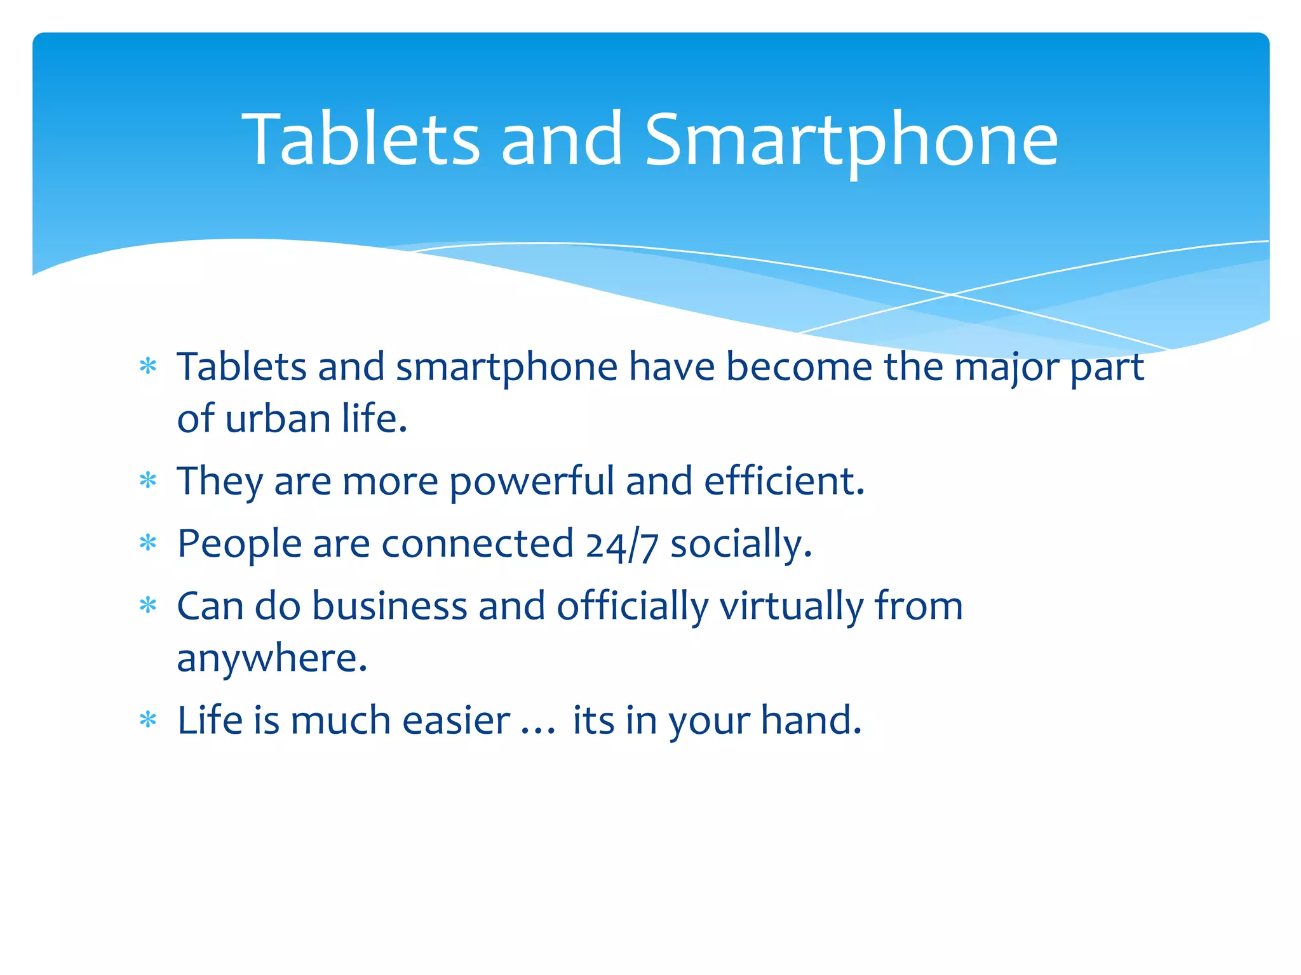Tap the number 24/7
[x=621, y=545]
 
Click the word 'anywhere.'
[x=272, y=659]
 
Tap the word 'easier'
[x=456, y=720]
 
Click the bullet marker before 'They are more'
[x=148, y=481]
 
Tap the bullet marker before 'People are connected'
[x=148, y=543]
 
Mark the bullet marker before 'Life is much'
[x=148, y=719]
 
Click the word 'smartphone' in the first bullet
[x=506, y=368]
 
